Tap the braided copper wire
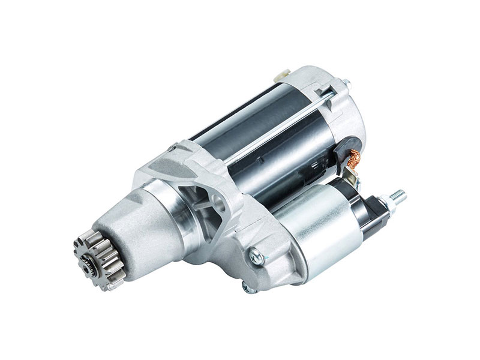(x=352, y=157)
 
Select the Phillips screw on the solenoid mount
(x=256, y=254)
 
